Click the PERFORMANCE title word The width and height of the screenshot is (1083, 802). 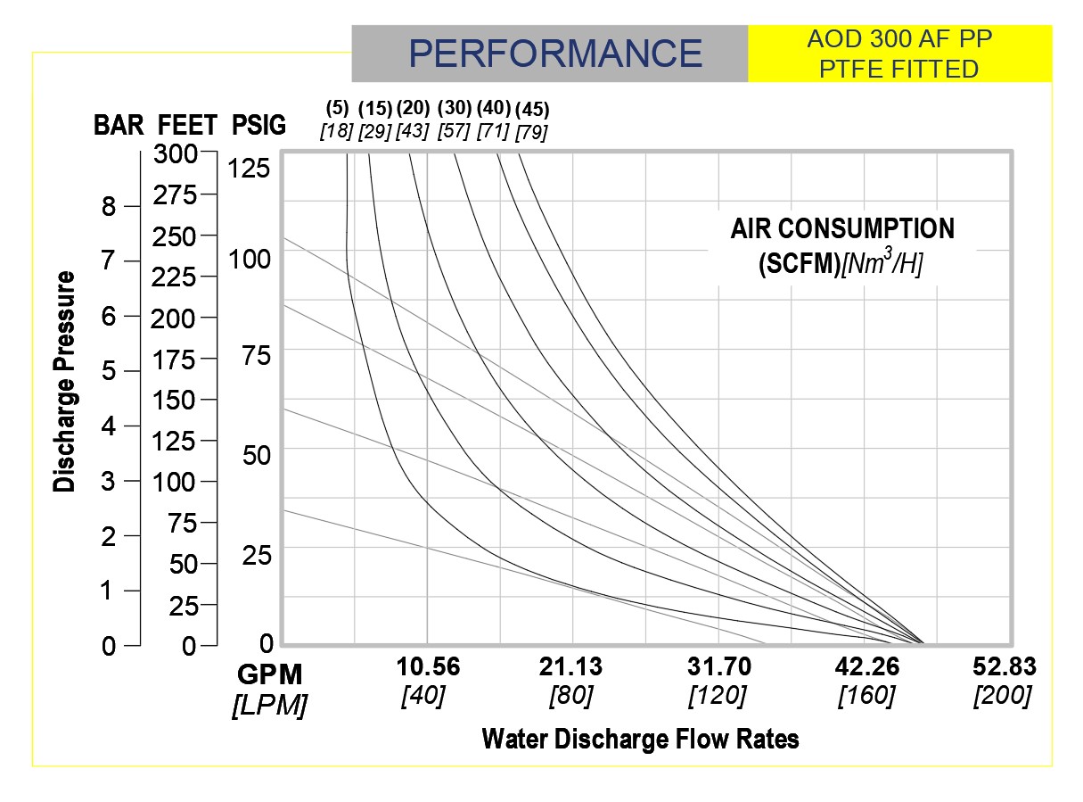(555, 54)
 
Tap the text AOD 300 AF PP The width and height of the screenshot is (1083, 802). (900, 40)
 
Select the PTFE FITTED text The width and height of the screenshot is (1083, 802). (900, 69)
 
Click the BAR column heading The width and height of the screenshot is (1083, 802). (119, 126)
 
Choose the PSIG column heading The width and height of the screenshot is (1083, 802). (258, 126)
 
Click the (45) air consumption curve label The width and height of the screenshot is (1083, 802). (532, 110)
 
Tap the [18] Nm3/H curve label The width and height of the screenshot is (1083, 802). (337, 131)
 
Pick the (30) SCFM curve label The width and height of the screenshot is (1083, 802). (454, 108)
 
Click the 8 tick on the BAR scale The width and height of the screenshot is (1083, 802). (108, 207)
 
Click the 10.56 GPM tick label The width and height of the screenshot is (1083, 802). (428, 667)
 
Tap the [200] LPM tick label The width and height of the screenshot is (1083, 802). (1003, 695)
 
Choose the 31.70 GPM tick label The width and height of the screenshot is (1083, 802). (718, 667)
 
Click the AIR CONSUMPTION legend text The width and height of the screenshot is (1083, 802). (841, 229)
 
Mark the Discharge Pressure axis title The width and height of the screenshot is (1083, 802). (64, 382)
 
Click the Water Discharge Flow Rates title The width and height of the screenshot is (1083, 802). (640, 739)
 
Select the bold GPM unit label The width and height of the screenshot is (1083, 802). (269, 674)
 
